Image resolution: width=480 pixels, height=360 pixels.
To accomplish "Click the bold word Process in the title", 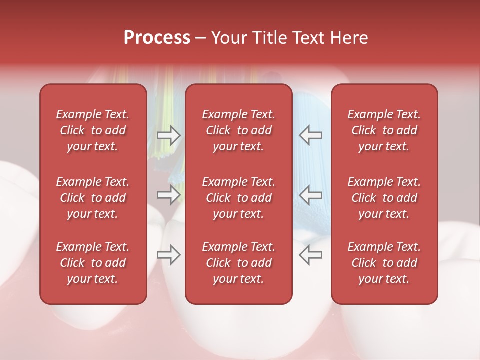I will [x=157, y=37].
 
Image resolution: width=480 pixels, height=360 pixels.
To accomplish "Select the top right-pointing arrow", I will [x=168, y=135].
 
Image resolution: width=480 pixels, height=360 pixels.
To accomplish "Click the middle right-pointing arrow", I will [x=168, y=195].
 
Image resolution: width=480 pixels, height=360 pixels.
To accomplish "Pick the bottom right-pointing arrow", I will [x=168, y=255].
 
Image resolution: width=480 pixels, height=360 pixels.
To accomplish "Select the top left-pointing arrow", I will [x=311, y=135].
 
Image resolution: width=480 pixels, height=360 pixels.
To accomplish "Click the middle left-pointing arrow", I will [x=311, y=195].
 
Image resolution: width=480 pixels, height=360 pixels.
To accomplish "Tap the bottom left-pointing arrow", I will [x=311, y=255].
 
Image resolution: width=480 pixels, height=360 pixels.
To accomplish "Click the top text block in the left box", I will [x=93, y=130].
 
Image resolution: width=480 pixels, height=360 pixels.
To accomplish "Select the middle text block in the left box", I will [x=93, y=198].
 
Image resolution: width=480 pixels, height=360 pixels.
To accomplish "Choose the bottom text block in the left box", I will [x=93, y=263].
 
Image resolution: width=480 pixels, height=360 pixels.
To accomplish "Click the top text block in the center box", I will [x=239, y=130].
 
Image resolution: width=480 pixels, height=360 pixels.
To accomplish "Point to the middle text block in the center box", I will [x=239, y=198].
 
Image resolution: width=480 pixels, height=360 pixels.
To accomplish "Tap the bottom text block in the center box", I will [x=239, y=263].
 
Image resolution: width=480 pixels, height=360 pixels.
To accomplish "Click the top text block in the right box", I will [x=384, y=130].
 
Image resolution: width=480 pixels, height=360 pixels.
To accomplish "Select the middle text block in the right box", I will [x=384, y=198].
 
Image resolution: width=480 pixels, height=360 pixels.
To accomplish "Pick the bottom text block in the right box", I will [x=384, y=263].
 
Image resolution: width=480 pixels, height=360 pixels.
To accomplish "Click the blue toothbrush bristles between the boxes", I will [x=310, y=160].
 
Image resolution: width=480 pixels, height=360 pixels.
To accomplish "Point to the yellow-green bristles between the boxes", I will [x=165, y=110].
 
